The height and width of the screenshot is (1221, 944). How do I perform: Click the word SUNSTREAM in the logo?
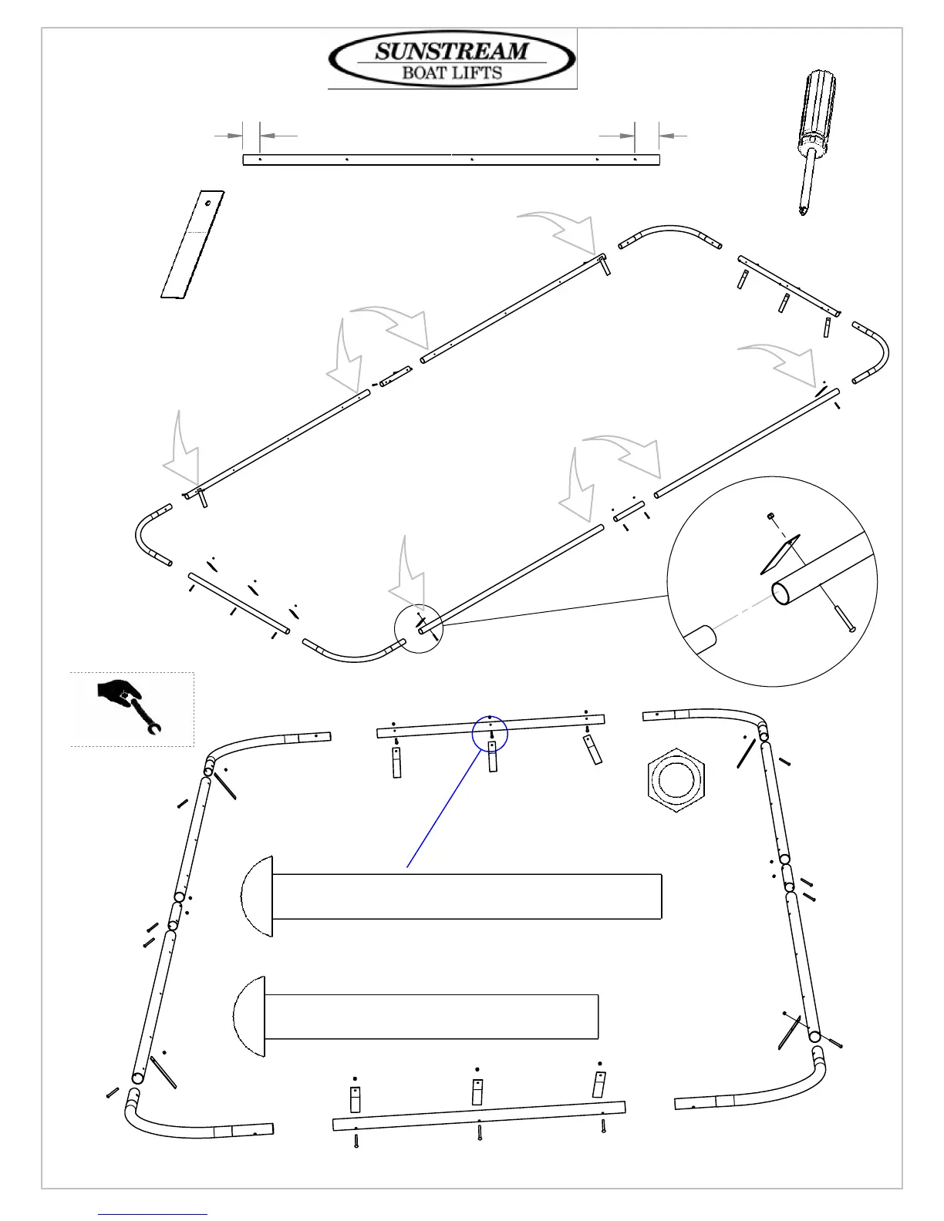pyautogui.click(x=452, y=52)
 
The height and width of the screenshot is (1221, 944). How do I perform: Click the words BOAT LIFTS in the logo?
pyautogui.click(x=452, y=73)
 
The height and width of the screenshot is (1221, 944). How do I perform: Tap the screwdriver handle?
pyautogui.click(x=818, y=108)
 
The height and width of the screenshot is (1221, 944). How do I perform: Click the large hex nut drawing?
pyautogui.click(x=676, y=779)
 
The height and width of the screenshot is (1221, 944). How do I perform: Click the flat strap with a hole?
pyautogui.click(x=193, y=245)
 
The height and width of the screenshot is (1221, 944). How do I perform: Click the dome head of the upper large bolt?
pyautogui.click(x=258, y=896)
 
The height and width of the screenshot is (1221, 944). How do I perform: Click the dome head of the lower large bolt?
pyautogui.click(x=249, y=1016)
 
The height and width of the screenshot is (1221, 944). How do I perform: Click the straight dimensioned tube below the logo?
pyautogui.click(x=451, y=160)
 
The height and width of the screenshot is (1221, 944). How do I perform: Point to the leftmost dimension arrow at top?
pyautogui.click(x=228, y=135)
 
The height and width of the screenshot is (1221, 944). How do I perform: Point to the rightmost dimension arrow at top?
pyautogui.click(x=673, y=136)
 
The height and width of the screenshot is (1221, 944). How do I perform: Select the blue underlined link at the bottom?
pyautogui.click(x=153, y=1214)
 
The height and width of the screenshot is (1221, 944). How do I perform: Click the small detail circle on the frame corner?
pyautogui.click(x=419, y=628)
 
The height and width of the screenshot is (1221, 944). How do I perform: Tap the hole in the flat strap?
pyautogui.click(x=208, y=203)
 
